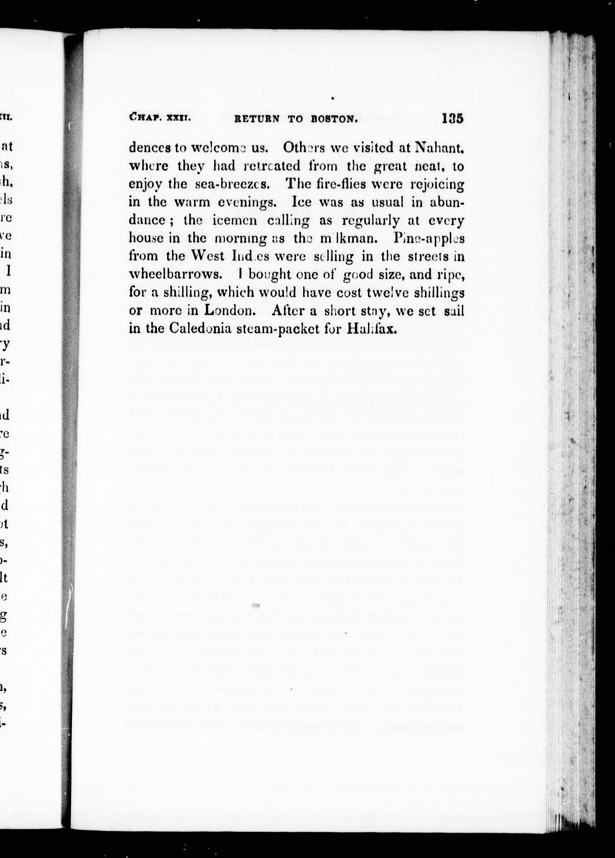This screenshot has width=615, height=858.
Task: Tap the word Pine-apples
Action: pos(429,238)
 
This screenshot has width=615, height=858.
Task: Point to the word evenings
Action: pos(246,202)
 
